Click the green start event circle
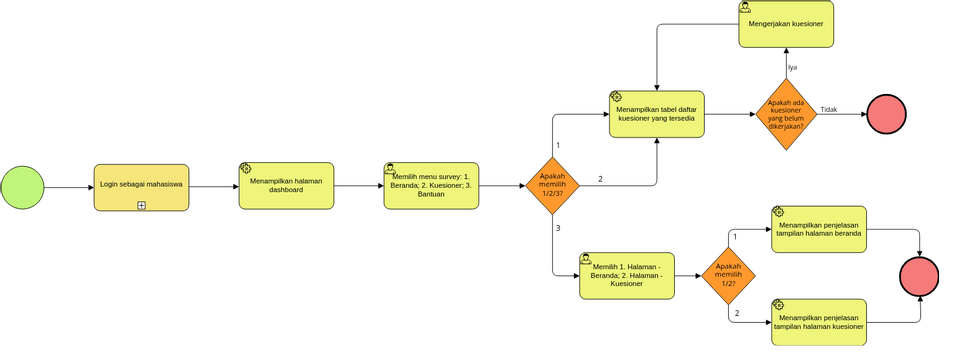point(22,187)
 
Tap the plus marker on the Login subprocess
point(141,205)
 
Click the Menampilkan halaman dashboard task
point(286,186)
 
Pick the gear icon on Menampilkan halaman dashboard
point(246,169)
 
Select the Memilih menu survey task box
point(431,186)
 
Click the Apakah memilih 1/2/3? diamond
point(552,186)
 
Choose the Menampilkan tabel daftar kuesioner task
point(657,114)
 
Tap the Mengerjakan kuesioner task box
point(787,24)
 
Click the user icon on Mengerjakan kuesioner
point(746,7)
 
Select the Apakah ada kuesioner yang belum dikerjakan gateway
point(785,114)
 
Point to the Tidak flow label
point(828,110)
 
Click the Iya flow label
point(792,67)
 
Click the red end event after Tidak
point(886,114)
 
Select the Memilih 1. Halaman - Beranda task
point(627,275)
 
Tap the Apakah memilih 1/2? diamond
point(728,275)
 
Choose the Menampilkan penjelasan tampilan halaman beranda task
point(819,230)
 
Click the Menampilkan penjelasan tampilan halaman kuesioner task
point(819,321)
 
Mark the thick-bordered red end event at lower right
point(920,276)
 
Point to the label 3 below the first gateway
point(558,229)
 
